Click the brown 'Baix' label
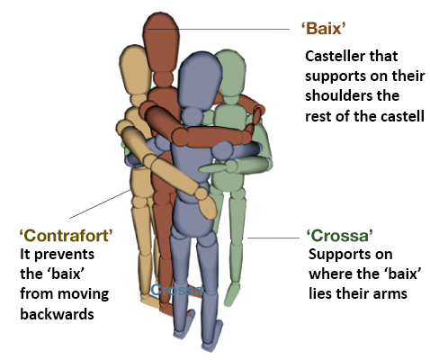[x=323, y=29]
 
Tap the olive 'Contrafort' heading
[x=67, y=236]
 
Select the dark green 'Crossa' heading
[x=340, y=236]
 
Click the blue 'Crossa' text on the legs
[x=177, y=290]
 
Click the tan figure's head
[x=135, y=69]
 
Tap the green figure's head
[x=231, y=73]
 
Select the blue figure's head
[x=200, y=81]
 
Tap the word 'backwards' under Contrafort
[x=57, y=314]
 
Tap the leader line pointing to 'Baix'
[x=219, y=29]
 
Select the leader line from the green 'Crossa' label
[x=273, y=238]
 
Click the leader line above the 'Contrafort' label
[x=100, y=204]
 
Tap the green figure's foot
[x=231, y=294]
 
